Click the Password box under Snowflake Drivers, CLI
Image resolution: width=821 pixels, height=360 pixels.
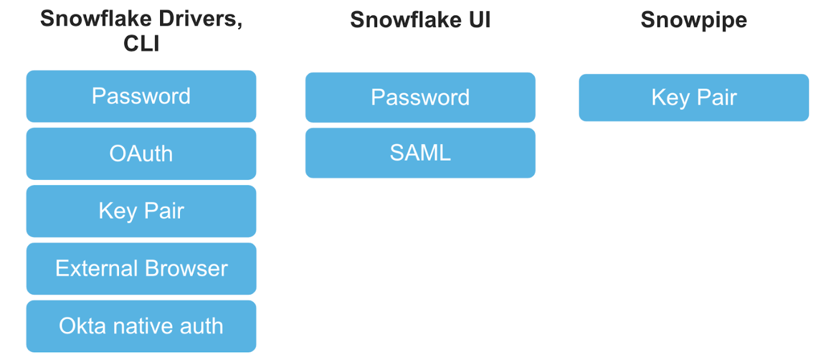point(141,96)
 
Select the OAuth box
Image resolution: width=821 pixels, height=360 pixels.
point(141,154)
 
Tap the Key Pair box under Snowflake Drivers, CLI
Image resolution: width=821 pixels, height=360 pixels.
point(141,211)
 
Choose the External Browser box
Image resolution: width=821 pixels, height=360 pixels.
point(141,269)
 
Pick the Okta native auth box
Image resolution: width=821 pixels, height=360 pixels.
point(141,326)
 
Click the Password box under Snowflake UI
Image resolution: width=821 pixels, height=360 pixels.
point(420,97)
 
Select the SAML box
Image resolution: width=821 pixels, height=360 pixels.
point(420,153)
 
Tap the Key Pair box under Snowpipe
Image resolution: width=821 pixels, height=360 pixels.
point(694,97)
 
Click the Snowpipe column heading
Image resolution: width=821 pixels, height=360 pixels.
point(694,20)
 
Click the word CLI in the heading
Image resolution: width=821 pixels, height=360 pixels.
point(141,43)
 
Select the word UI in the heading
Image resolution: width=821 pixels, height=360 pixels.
point(480,19)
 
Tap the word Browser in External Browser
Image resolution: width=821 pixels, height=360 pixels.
point(186,269)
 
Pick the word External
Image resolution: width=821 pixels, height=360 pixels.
point(97,269)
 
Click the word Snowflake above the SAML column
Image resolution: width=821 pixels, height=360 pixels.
point(406,19)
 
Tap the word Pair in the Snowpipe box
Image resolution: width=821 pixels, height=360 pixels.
point(717,97)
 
